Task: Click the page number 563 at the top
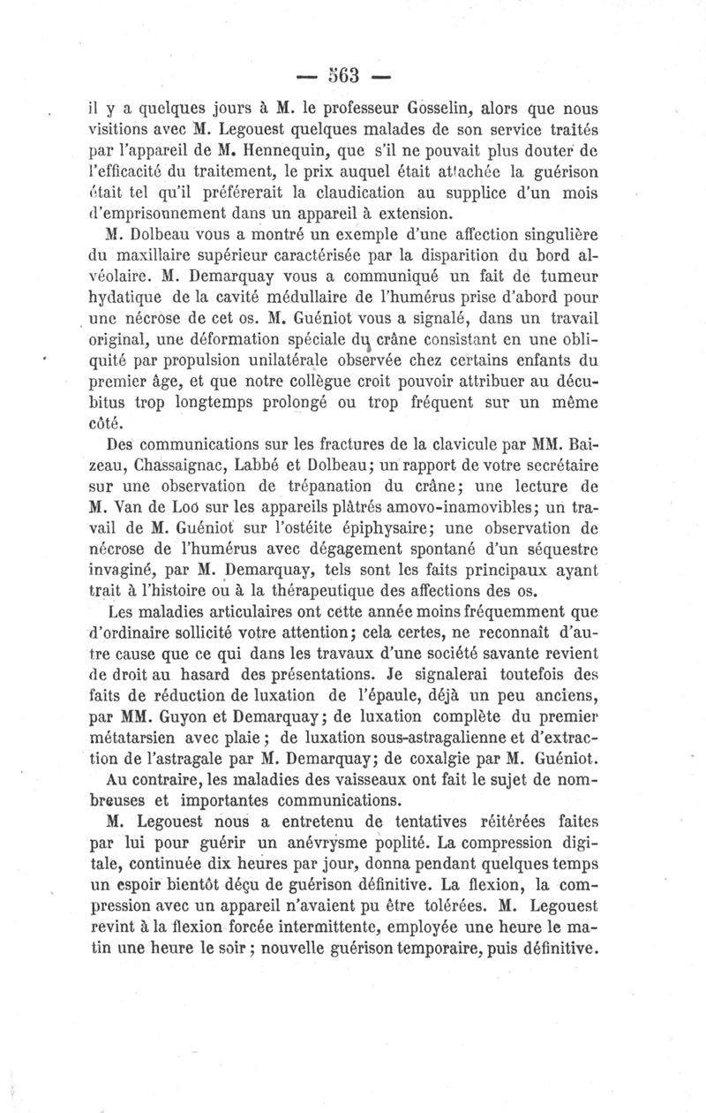(x=352, y=75)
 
